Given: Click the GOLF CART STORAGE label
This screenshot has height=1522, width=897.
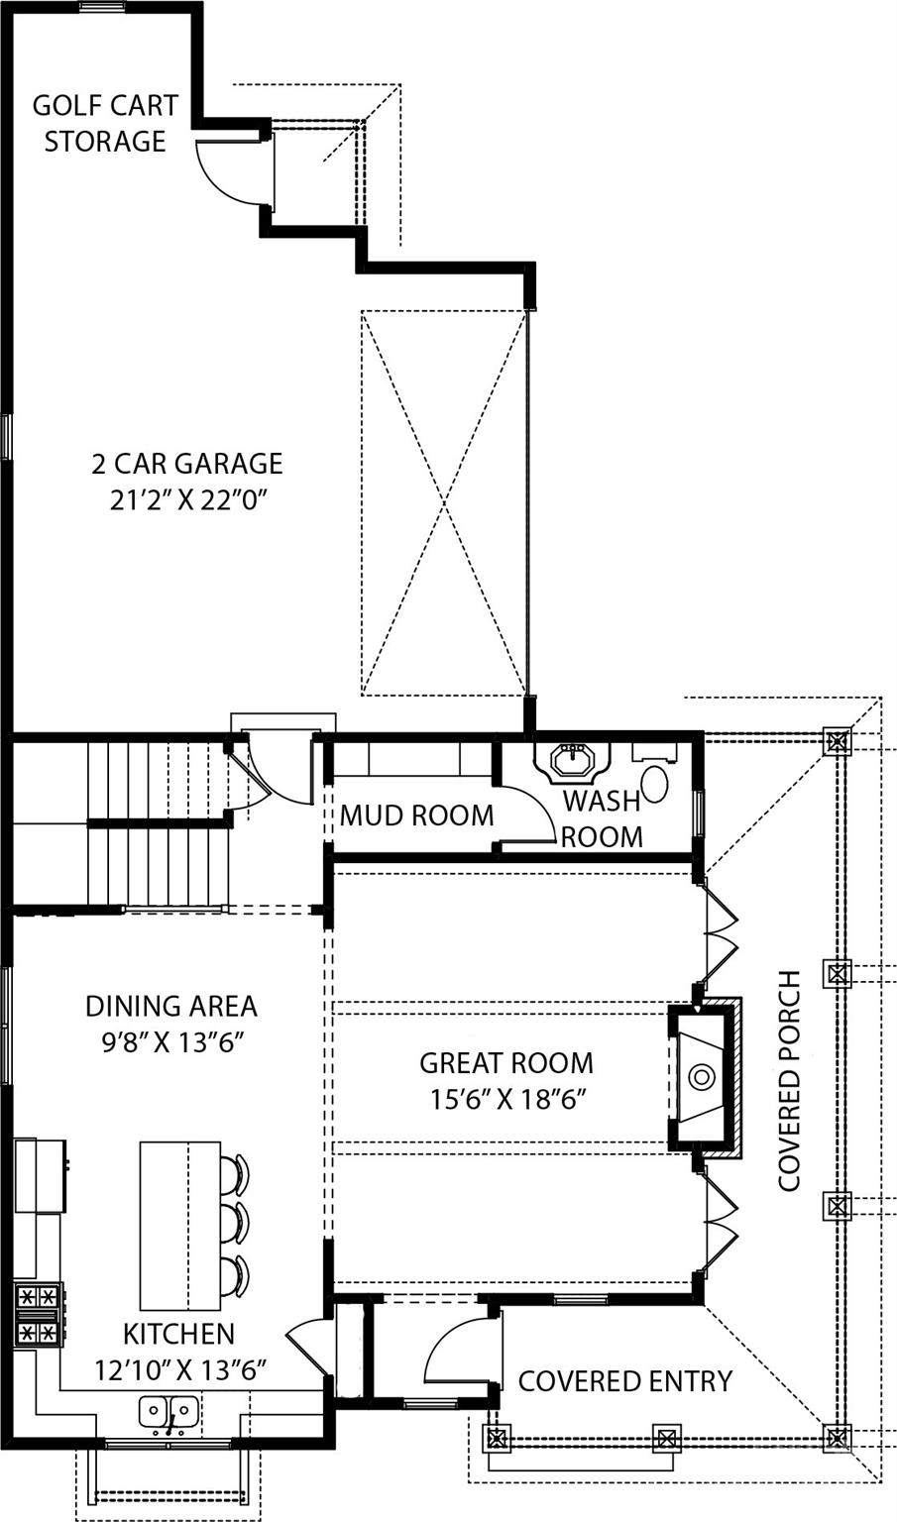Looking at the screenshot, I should coord(104,123).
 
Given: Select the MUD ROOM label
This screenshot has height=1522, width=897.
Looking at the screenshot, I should coord(416,815).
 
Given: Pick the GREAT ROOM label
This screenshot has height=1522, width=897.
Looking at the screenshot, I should coord(505,1063).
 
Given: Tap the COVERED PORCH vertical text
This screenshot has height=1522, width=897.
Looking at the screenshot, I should coord(789,1080).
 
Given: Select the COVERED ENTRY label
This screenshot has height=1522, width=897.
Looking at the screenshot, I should coord(624,1380).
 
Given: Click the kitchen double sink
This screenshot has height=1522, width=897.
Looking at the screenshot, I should coord(168,1409).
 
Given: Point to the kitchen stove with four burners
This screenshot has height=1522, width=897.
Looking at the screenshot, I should coord(39,1314).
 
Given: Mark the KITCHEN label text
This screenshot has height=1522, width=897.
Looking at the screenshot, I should coord(178,1334).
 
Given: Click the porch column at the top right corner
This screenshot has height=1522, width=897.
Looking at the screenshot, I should coord(839,739).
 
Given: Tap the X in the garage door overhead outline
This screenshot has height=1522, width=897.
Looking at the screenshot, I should coord(443,502).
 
